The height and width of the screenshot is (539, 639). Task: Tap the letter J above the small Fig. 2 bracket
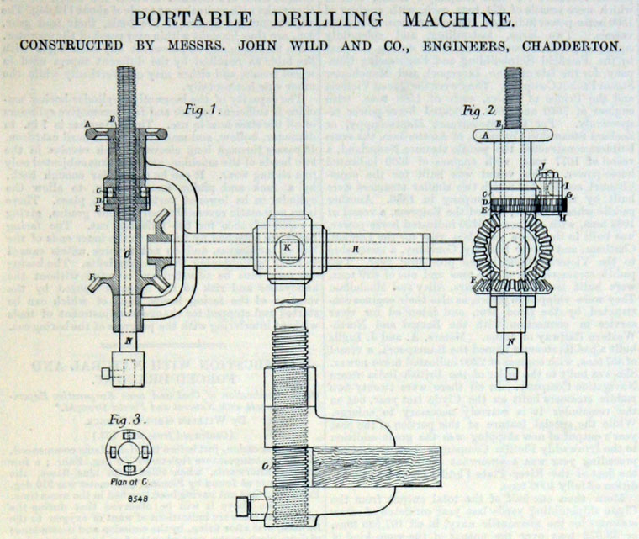point(543,165)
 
